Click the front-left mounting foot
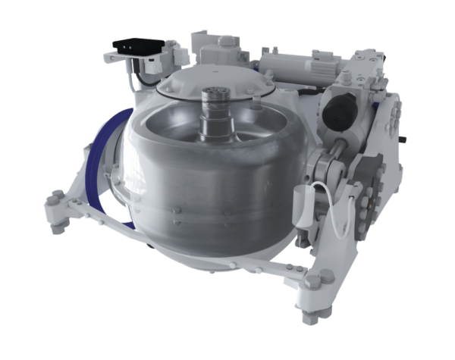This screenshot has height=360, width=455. pos(58,208)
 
